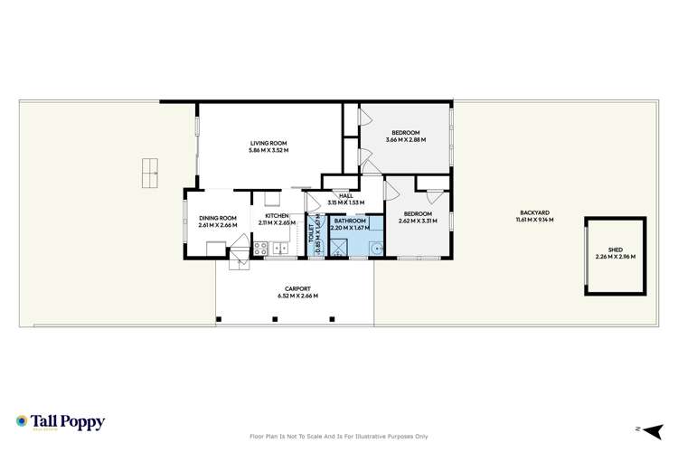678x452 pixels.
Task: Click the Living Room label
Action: (x=268, y=143)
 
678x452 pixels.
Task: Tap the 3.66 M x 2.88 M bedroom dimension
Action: (x=404, y=140)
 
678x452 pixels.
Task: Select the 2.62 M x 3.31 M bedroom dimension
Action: (x=418, y=221)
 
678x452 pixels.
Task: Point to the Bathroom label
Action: (x=349, y=221)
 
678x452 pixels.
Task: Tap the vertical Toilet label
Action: (x=311, y=231)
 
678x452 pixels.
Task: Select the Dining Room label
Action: (x=218, y=218)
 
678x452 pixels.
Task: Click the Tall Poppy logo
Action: (x=60, y=422)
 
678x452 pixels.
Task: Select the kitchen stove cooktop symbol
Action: (x=259, y=247)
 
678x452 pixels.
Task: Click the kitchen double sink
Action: (x=279, y=248)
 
